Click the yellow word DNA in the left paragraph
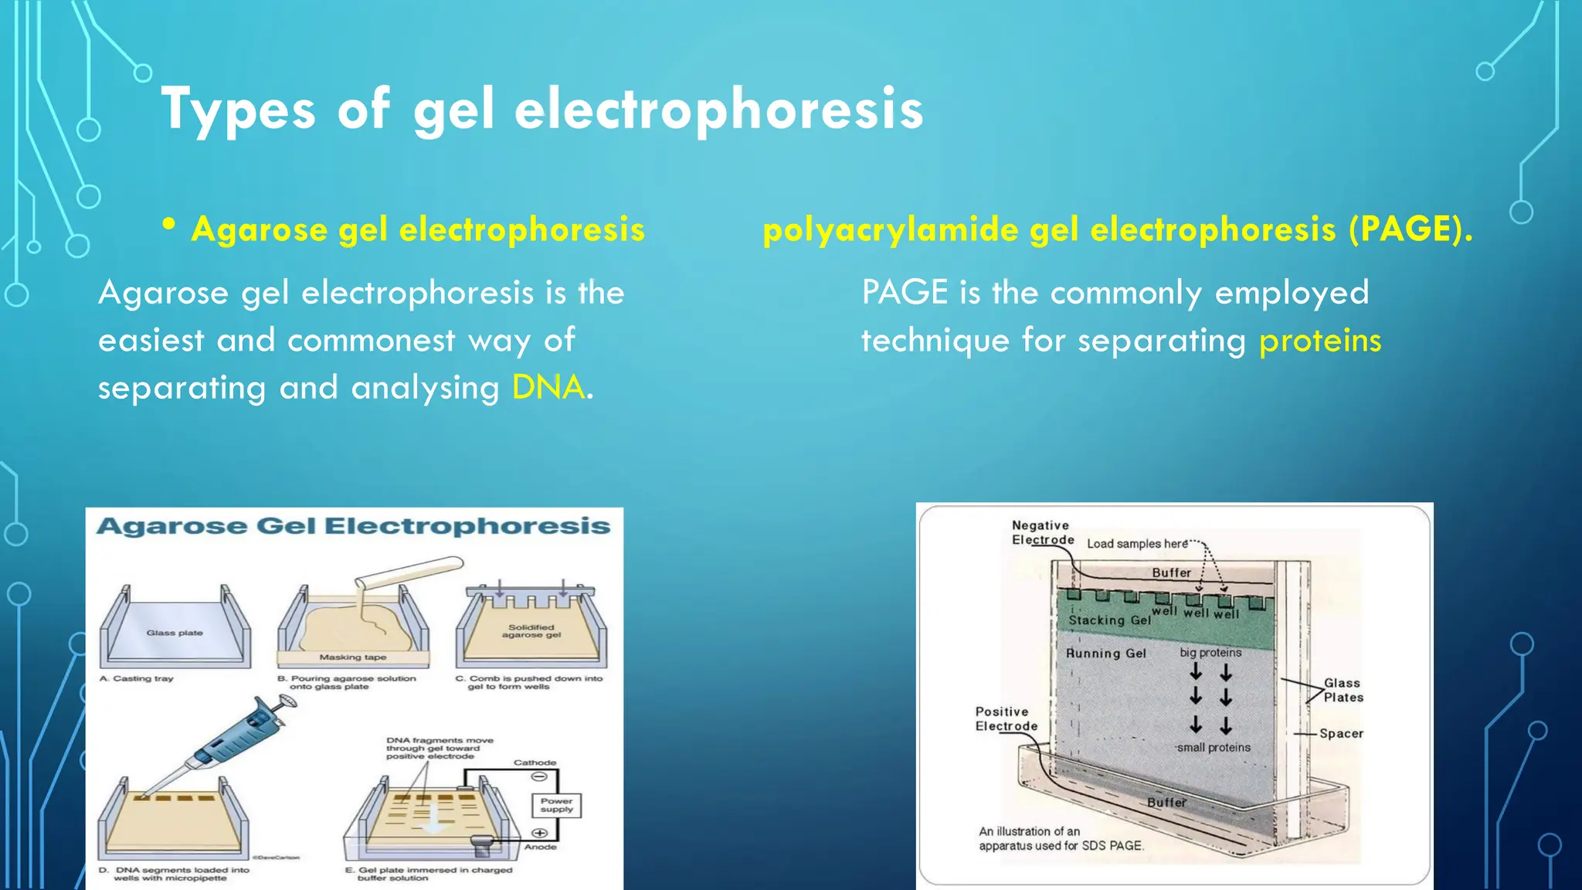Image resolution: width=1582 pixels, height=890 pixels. coord(548,387)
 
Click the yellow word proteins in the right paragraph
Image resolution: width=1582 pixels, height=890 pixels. coord(1319,341)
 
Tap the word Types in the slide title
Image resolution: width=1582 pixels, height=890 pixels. coord(238,109)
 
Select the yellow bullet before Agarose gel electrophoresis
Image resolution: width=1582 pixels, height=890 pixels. coord(169,225)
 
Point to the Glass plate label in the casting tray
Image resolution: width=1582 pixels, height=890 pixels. coord(175,633)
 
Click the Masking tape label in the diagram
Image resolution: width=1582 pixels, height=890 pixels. coord(352,657)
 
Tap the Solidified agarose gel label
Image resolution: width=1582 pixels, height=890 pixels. coord(531,631)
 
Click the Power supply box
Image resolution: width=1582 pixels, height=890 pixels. coord(556,805)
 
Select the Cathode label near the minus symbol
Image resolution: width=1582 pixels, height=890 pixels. coord(535,763)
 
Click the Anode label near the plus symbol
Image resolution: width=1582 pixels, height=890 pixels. coord(540,847)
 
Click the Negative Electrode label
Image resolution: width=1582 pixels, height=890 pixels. coord(1042,532)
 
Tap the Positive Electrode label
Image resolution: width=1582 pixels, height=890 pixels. coord(1006,718)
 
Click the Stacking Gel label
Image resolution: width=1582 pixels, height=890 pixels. coord(1108,620)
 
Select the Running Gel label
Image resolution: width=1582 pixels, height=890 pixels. coord(1105,654)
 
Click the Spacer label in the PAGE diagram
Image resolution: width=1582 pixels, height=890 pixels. coord(1341,733)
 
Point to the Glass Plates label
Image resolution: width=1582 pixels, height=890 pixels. coord(1343,690)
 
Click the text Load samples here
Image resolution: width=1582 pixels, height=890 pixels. coord(1137,544)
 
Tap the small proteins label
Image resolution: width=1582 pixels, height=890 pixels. coord(1213,748)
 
